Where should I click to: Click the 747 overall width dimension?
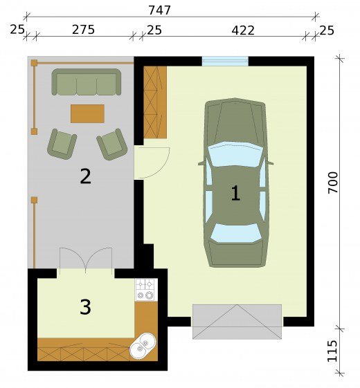coord(159,10)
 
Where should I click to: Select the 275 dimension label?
coord(83,30)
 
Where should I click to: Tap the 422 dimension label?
coord(243,30)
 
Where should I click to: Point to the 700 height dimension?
coord(333,183)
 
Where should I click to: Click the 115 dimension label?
coord(332,351)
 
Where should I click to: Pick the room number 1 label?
coord(235,193)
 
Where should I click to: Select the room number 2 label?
coord(85,176)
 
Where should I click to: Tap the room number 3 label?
coord(85,307)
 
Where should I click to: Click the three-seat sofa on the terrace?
coord(87,82)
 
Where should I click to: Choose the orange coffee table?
coord(87,113)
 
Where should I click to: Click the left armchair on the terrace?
coord(62,144)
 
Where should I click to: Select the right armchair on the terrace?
coord(112,144)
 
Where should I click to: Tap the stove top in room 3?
coord(146,290)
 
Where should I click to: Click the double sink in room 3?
coord(143,345)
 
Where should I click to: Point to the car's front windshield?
coord(235,154)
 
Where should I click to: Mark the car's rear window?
coord(235,233)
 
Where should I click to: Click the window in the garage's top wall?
coord(225,62)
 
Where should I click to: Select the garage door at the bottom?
coord(237,322)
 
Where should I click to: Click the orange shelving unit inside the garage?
coord(155,102)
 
